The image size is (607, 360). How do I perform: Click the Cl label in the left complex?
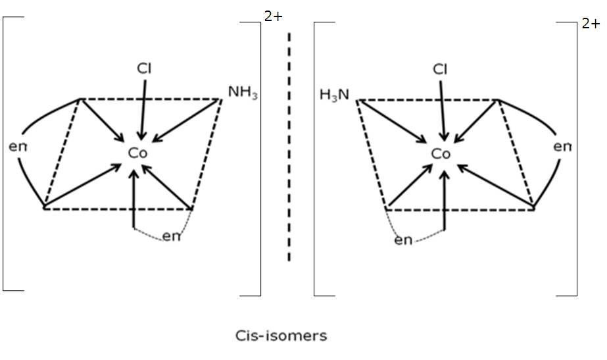pos(144,68)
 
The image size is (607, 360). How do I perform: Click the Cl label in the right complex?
pos(440,69)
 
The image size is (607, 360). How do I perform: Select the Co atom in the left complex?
pos(138,153)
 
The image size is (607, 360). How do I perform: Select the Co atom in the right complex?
pos(441,154)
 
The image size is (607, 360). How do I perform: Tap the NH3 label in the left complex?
pos(243,93)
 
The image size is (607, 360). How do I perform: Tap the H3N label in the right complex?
pos(335,95)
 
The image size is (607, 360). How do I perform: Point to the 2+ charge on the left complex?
pos(274,16)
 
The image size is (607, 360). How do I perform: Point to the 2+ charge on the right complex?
pos(591,24)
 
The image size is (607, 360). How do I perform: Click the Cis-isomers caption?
pos(281,336)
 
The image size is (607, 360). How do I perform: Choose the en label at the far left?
pos(18,147)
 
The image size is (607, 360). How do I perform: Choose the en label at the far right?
pos(562,147)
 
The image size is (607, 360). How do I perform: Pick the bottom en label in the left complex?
pos(171,236)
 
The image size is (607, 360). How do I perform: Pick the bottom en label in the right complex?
pos(403,240)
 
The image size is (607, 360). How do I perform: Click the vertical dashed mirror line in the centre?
pos(289,147)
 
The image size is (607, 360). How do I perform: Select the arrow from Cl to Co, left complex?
pos(143,110)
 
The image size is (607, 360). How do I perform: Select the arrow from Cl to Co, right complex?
pos(442,111)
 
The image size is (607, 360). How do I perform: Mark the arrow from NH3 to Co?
pos(187,121)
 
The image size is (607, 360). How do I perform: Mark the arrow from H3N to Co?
pos(391,121)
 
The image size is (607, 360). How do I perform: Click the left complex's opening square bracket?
pos(3,153)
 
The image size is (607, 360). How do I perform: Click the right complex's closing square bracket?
pos(576,159)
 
